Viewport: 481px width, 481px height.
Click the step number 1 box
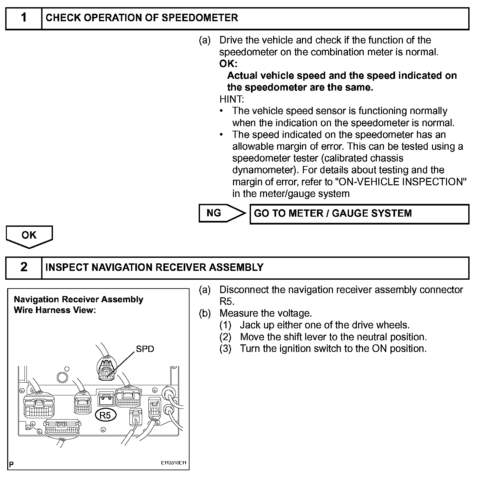click(x=24, y=18)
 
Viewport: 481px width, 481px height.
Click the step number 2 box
click(x=24, y=267)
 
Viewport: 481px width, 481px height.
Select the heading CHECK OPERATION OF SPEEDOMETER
click(x=142, y=18)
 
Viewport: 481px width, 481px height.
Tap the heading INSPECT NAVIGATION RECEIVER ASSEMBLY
click(x=154, y=267)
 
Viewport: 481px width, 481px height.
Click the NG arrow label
click(x=214, y=213)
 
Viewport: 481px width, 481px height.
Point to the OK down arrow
click(x=29, y=236)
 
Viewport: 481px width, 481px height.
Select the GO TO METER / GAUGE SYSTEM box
click(x=359, y=214)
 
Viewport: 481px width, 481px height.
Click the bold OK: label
click(x=228, y=64)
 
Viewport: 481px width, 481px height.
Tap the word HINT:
click(x=232, y=99)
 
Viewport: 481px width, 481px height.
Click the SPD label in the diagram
click(x=145, y=349)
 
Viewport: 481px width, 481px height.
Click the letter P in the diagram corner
click(x=11, y=464)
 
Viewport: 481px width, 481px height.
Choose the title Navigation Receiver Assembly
click(x=78, y=300)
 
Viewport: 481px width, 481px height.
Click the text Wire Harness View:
click(x=55, y=310)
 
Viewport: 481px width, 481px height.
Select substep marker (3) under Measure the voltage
click(x=225, y=349)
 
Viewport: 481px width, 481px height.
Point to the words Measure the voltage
click(x=266, y=313)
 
